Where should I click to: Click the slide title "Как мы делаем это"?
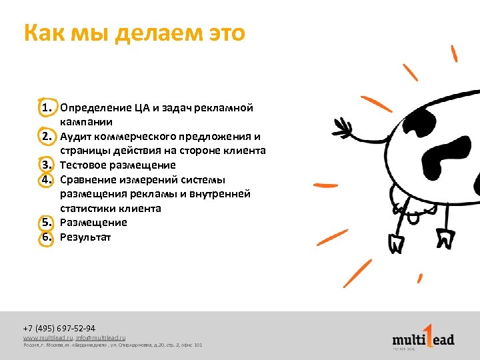click(134, 33)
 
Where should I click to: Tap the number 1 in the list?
click(46, 108)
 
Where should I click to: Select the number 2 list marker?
click(46, 137)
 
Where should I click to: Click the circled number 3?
click(46, 165)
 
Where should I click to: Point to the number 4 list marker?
click(46, 180)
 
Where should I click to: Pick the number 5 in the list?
click(46, 223)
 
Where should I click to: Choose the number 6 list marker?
click(46, 237)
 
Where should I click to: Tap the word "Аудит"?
click(74, 137)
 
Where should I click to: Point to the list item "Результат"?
click(85, 237)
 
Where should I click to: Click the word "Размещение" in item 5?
click(93, 223)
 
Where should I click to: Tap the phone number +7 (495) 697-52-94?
click(59, 328)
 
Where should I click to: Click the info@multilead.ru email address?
click(101, 338)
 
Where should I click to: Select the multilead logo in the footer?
click(423, 337)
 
